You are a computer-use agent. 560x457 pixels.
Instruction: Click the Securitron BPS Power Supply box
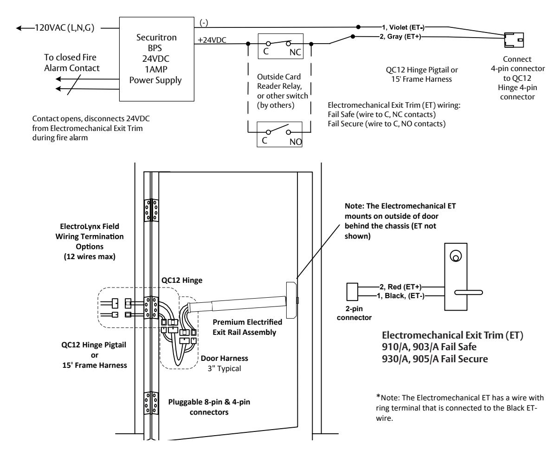156,59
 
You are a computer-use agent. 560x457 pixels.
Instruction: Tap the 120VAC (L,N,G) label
64,28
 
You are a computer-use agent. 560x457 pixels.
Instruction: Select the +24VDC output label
212,40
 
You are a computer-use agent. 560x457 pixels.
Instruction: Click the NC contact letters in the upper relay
295,52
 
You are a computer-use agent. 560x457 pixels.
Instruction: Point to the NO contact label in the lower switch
295,142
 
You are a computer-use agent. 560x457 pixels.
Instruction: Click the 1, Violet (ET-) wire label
403,27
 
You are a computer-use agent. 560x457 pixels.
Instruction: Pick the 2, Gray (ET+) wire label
400,36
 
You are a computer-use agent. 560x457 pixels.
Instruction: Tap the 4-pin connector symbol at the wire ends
514,40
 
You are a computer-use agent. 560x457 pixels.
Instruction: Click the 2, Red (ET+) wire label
400,287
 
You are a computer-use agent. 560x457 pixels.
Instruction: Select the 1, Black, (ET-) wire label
400,296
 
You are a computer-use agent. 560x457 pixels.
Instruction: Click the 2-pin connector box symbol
352,292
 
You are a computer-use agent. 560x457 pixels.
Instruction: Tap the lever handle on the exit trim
469,293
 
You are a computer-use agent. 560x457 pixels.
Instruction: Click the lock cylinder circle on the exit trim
456,256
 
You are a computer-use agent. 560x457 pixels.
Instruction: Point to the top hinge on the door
151,210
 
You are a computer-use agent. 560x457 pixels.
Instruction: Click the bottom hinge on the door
151,403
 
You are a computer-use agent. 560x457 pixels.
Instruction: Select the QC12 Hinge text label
182,280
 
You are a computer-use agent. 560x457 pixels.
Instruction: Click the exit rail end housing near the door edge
291,300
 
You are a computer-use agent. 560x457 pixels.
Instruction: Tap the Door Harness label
225,359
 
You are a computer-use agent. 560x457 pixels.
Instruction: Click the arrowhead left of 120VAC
19,28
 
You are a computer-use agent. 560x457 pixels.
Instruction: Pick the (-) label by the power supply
204,23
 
